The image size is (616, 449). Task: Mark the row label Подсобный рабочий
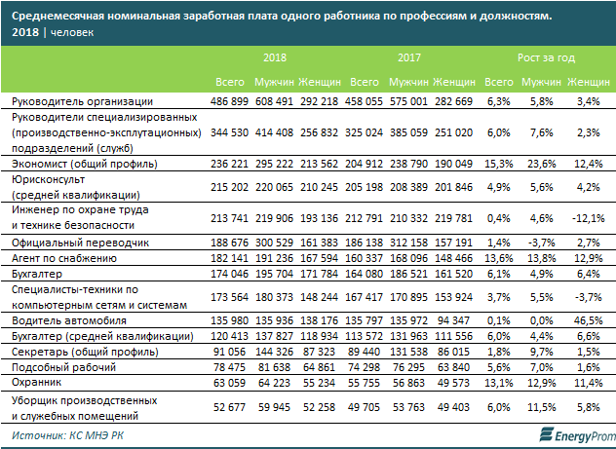[x=58, y=367]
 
